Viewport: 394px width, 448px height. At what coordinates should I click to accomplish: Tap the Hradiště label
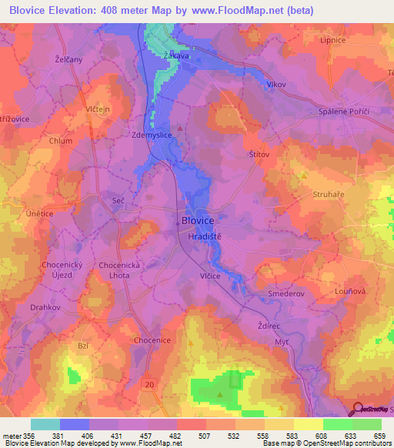(205, 238)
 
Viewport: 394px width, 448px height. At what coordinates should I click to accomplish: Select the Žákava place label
(178, 56)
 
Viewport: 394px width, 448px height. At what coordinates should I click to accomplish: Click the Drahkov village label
(45, 307)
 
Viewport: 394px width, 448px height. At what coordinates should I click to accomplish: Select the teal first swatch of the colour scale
(45, 423)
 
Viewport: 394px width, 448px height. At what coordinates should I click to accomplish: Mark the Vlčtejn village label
(88, 109)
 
